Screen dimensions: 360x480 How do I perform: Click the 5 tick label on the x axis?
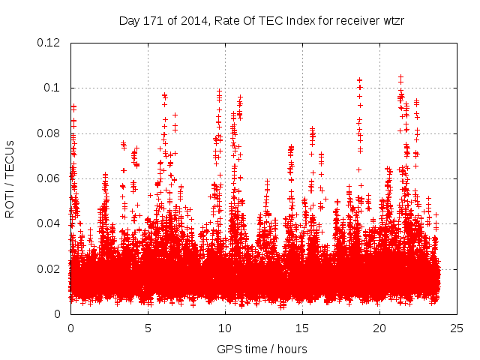(148, 328)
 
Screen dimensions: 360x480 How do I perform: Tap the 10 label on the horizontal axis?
(225, 328)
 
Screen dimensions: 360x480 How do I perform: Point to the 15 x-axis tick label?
(302, 328)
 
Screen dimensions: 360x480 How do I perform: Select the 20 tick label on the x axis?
(379, 328)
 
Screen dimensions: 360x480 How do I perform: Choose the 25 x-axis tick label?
(457, 328)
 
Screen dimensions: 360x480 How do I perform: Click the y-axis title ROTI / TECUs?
(10, 178)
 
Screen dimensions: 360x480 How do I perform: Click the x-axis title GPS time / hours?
(262, 349)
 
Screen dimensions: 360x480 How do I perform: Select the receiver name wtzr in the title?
(391, 20)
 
